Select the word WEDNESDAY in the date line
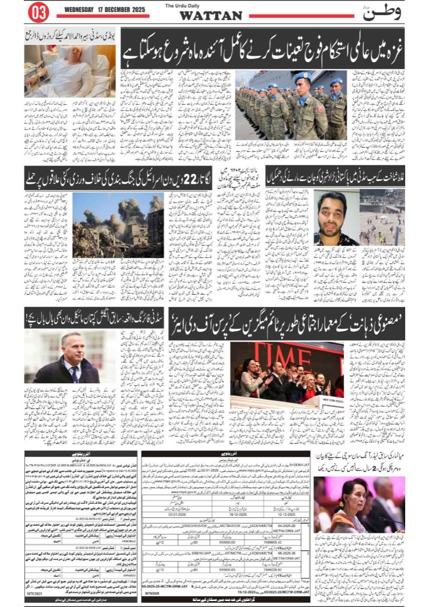tap(82, 10)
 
